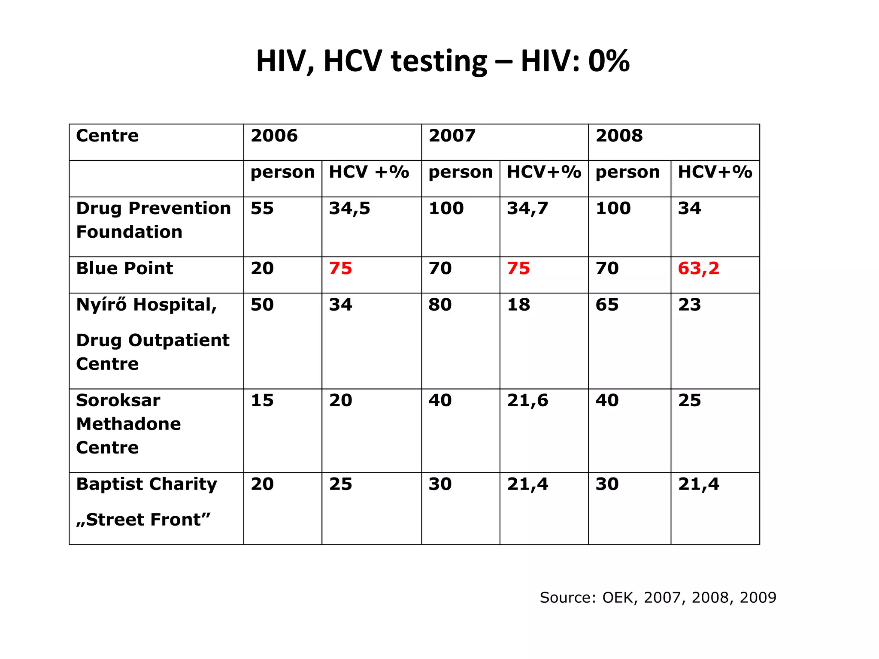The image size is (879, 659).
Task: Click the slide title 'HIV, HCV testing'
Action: pyautogui.click(x=443, y=61)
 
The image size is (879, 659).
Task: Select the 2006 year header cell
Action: pyautogui.click(x=274, y=136)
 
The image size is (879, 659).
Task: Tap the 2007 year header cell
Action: pyautogui.click(x=452, y=136)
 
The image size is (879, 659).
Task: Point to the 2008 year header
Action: pyautogui.click(x=619, y=136)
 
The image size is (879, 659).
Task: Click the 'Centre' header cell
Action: pyautogui.click(x=107, y=136)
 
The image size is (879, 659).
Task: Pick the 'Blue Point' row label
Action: pyautogui.click(x=124, y=269)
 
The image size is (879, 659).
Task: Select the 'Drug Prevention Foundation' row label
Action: pyautogui.click(x=153, y=220)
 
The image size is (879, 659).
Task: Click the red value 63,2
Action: pyautogui.click(x=698, y=269)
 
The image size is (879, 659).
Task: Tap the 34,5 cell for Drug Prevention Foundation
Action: pyautogui.click(x=349, y=209)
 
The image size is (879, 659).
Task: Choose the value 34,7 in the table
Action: pyautogui.click(x=527, y=209)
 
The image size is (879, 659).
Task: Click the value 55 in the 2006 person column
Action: pyautogui.click(x=262, y=209)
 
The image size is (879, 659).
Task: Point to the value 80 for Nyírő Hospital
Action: pyautogui.click(x=440, y=305)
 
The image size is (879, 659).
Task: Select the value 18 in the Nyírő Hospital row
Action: pyautogui.click(x=518, y=305)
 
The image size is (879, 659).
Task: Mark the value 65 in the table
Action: pyautogui.click(x=607, y=305)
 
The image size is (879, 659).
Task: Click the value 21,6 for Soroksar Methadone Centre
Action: pyautogui.click(x=527, y=401)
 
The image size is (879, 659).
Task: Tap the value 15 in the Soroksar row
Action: pyautogui.click(x=262, y=401)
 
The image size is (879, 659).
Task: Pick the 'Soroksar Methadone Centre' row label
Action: pyautogui.click(x=129, y=424)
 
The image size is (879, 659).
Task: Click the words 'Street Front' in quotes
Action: pyautogui.click(x=144, y=520)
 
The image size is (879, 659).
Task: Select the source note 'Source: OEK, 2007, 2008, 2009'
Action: pyautogui.click(x=658, y=598)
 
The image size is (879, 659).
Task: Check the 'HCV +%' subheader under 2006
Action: pyautogui.click(x=369, y=172)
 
